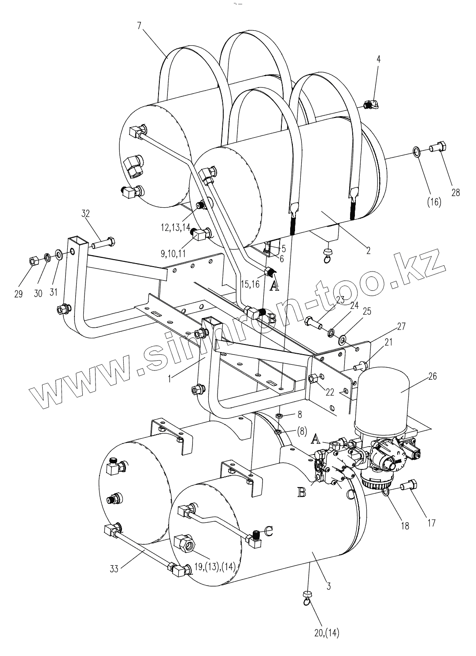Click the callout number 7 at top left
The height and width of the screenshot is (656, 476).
pyautogui.click(x=139, y=25)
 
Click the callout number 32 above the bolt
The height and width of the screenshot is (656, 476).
pyautogui.click(x=85, y=214)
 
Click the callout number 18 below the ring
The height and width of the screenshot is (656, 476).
pyautogui.click(x=404, y=525)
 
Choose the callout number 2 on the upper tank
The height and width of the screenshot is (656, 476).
pyautogui.click(x=368, y=251)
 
